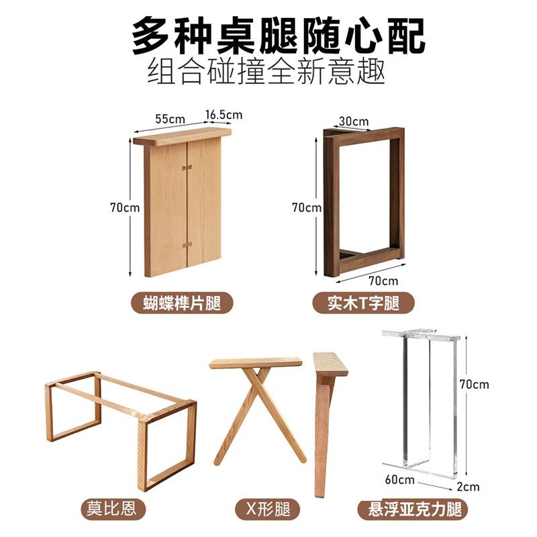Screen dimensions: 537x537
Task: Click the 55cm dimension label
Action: point(169,119)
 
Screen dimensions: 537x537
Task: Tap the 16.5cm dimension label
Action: point(224,115)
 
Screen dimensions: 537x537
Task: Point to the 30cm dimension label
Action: point(353,121)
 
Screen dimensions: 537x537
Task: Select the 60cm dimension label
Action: point(400,480)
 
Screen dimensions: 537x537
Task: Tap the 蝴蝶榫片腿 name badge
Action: point(184,303)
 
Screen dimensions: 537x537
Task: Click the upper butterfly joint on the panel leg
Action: point(187,163)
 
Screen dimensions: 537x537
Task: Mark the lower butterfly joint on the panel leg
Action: point(187,244)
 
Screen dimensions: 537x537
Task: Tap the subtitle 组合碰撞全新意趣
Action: point(266,70)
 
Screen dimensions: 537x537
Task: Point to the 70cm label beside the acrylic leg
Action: point(475,385)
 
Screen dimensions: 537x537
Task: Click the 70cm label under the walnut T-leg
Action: point(383,280)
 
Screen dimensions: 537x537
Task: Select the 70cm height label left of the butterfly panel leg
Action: point(125,207)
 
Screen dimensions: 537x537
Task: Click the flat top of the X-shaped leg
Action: point(256,363)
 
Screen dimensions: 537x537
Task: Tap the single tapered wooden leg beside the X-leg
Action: point(326,430)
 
